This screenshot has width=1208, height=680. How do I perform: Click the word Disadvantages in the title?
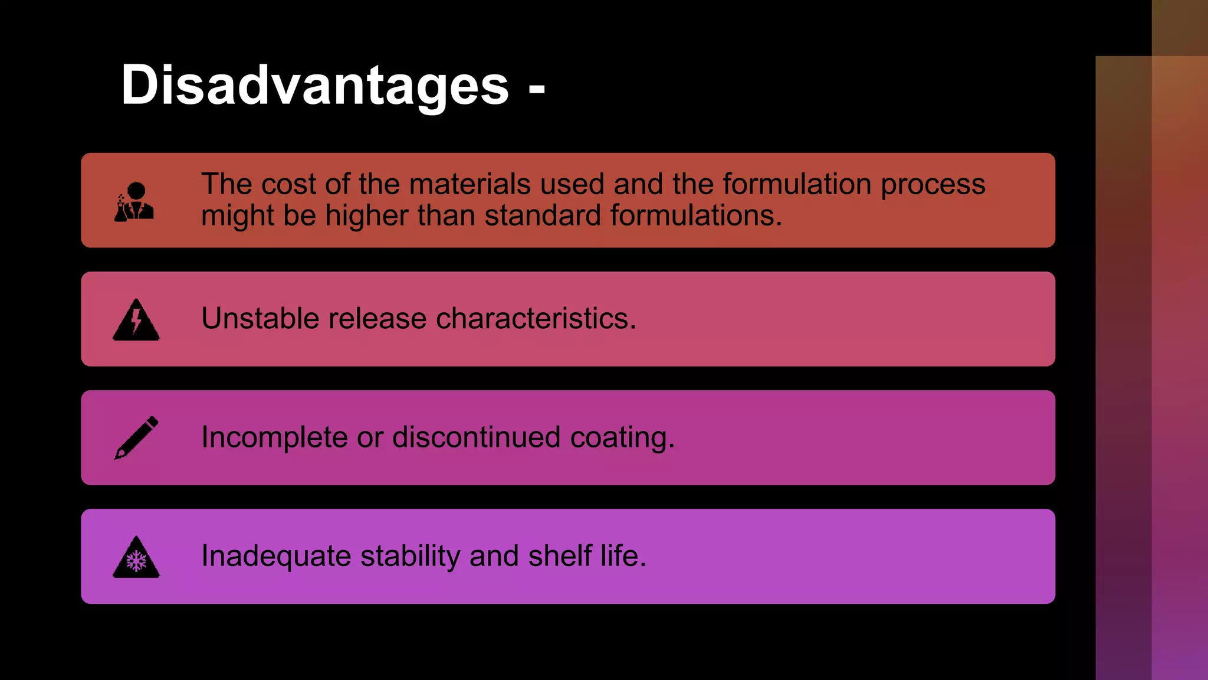click(x=314, y=86)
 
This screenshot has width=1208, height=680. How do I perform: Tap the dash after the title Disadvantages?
click(x=537, y=89)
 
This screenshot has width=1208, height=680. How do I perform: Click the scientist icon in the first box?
click(x=134, y=202)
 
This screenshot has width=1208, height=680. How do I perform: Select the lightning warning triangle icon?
click(x=136, y=320)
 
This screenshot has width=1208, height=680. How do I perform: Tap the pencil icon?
click(x=136, y=437)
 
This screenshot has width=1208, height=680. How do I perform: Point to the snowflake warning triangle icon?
click(x=136, y=557)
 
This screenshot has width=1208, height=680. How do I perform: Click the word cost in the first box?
click(x=288, y=184)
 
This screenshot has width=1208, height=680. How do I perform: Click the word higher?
click(x=366, y=216)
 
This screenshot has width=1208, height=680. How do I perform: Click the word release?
click(x=377, y=319)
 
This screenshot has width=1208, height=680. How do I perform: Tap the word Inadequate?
click(x=276, y=557)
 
